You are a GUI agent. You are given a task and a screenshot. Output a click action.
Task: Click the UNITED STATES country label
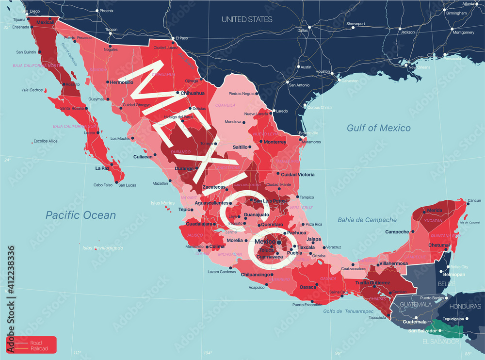(x=247, y=19)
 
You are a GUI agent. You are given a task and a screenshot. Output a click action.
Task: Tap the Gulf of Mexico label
(x=378, y=128)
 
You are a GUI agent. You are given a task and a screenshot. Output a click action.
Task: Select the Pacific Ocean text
(x=81, y=215)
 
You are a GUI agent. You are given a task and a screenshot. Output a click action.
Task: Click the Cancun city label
(x=474, y=200)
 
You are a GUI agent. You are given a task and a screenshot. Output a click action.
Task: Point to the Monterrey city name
(x=275, y=142)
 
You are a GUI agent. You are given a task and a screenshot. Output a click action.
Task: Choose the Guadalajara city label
(x=199, y=224)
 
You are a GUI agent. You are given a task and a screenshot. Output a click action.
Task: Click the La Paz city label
(x=102, y=168)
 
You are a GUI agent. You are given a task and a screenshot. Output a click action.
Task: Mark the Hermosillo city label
(x=121, y=82)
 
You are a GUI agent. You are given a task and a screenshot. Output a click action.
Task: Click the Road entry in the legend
(x=36, y=343)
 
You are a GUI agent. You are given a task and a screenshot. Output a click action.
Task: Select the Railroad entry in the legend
(x=39, y=348)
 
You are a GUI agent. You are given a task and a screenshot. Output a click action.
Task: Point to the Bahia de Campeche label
(x=367, y=220)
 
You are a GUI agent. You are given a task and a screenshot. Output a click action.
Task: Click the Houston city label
(x=323, y=71)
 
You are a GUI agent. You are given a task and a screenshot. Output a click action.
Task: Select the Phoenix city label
(x=106, y=10)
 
